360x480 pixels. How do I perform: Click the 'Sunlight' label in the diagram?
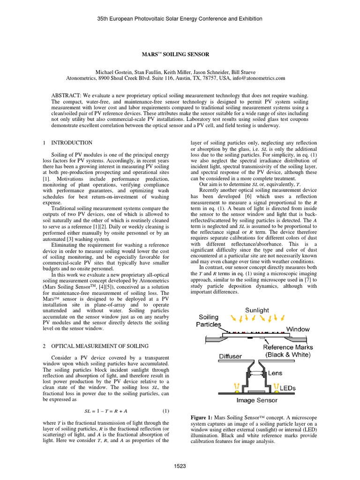coord(256,310)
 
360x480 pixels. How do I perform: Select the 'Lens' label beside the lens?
coord(275,374)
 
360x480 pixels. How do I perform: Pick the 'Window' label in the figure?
coord(298,329)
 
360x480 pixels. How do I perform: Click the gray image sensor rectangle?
coord(255,391)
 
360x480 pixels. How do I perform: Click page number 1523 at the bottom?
coord(180,465)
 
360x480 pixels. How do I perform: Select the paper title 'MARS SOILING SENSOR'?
coord(180,55)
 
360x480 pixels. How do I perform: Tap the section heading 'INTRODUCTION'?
coord(72,142)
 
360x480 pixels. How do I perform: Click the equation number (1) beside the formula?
coord(165,411)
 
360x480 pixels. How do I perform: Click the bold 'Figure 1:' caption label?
coord(202,417)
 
